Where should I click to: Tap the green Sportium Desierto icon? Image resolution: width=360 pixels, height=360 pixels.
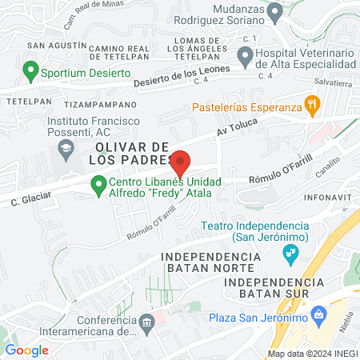pos(31,72)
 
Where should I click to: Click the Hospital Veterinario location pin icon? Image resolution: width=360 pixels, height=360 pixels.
pos(245,55)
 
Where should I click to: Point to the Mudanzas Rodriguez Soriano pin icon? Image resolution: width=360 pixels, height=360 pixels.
pos(275,12)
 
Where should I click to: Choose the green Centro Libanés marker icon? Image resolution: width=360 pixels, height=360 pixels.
pos(98,186)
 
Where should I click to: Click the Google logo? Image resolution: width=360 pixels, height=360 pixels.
pos(27,350)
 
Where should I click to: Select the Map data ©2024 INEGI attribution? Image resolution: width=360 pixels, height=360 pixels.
pos(311,354)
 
